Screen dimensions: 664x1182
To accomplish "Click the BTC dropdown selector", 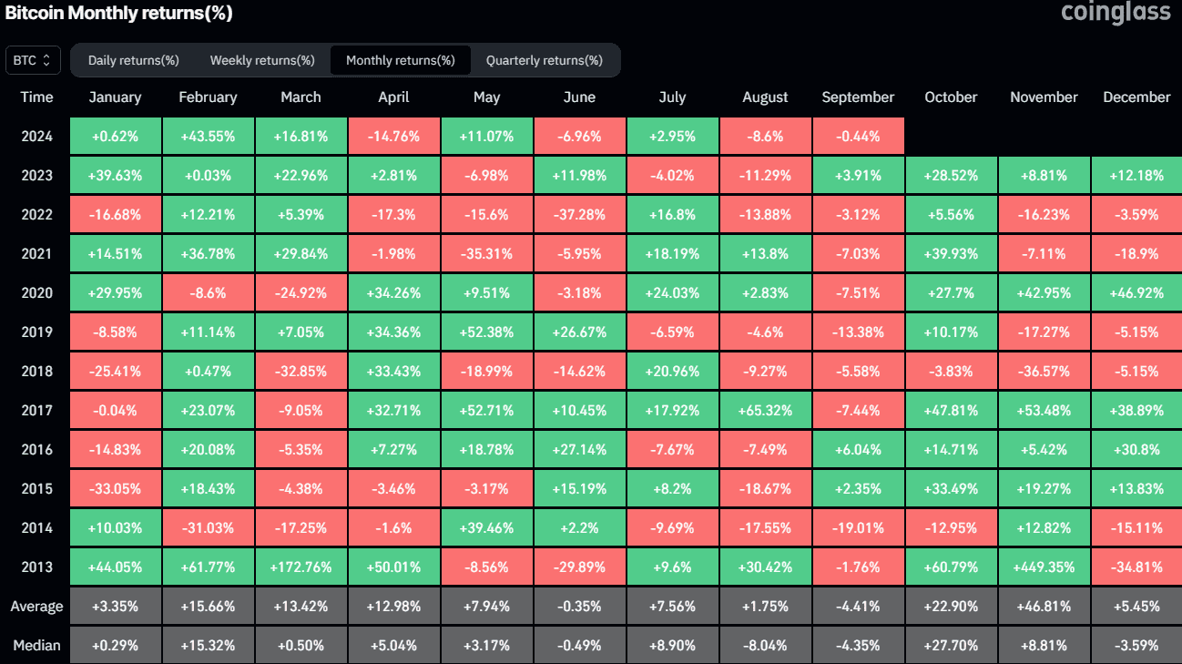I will point(34,60).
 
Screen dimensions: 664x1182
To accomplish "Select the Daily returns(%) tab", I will point(133,60).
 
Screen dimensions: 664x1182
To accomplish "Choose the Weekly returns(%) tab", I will point(262,60).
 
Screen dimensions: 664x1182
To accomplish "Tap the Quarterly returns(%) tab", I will point(544,60).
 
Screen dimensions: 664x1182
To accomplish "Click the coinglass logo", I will point(1116,14).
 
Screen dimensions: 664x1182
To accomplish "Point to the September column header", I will point(858,97).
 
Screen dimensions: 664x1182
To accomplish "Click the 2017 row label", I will point(37,410).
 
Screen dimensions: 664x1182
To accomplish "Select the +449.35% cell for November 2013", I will point(1044,567).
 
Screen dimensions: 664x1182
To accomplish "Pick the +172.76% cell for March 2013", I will point(301,567).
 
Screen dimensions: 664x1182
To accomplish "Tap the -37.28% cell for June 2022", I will point(579,215).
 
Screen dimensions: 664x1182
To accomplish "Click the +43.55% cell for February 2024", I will point(208,137).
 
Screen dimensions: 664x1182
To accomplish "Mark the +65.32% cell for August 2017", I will point(765,410).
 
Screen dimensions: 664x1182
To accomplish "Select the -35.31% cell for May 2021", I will point(486,254).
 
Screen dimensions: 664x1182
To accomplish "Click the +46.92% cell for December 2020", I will point(1136,293).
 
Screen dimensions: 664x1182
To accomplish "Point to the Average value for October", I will point(951,607).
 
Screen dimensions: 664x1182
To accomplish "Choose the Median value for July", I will point(672,646).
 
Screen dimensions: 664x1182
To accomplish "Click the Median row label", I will point(37,646).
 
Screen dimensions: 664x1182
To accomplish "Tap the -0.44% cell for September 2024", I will point(858,137).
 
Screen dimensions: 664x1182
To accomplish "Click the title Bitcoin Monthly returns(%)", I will point(119,14).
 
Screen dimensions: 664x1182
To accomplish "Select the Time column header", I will point(37,97).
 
